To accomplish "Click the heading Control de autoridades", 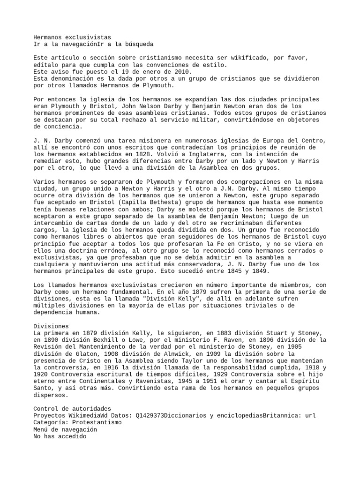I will [x=73, y=409].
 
